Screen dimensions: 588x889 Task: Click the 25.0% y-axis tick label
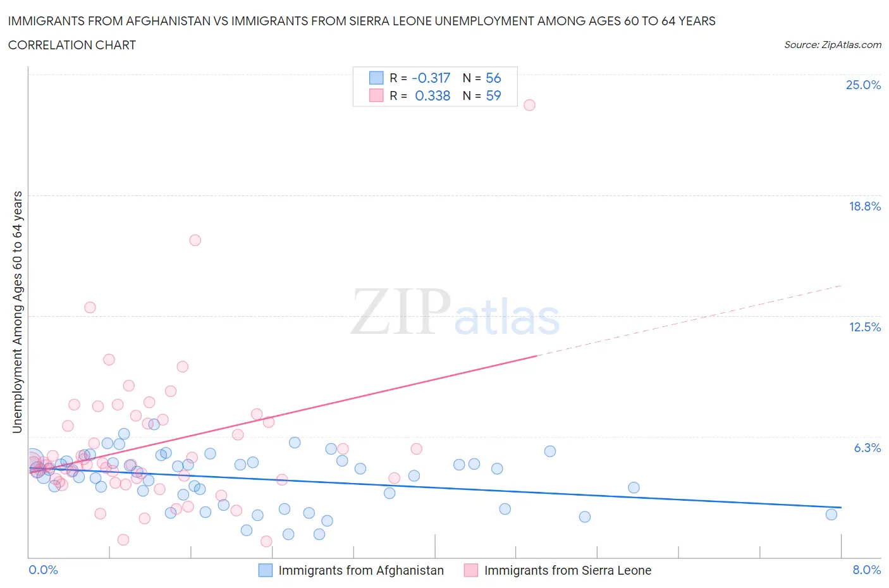[x=863, y=85]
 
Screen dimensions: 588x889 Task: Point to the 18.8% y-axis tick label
[x=864, y=206]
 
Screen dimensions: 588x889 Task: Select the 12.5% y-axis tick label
[x=864, y=327]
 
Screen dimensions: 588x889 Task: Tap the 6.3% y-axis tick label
[x=867, y=448]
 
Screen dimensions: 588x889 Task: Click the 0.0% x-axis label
[x=43, y=570]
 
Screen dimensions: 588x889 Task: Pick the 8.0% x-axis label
[x=866, y=570]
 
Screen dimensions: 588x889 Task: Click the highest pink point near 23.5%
[x=529, y=105]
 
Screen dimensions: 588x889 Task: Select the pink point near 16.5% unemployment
[x=195, y=240]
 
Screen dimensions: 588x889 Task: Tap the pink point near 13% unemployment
[x=90, y=307]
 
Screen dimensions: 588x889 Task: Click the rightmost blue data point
[x=831, y=515]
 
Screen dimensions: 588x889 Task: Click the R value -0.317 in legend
[x=431, y=78]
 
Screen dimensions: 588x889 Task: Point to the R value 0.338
[x=432, y=95]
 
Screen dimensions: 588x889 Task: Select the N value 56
[x=493, y=78]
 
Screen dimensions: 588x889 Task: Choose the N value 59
[x=493, y=95]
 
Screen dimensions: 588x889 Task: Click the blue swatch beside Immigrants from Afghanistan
[x=266, y=570]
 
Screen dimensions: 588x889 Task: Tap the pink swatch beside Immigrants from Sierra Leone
[x=471, y=570]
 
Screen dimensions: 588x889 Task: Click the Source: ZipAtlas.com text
[x=832, y=44]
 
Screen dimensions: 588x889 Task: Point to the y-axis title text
[x=17, y=312]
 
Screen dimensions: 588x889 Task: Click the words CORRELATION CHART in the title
[x=71, y=45]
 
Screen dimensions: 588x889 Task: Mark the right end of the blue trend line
[x=841, y=508]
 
